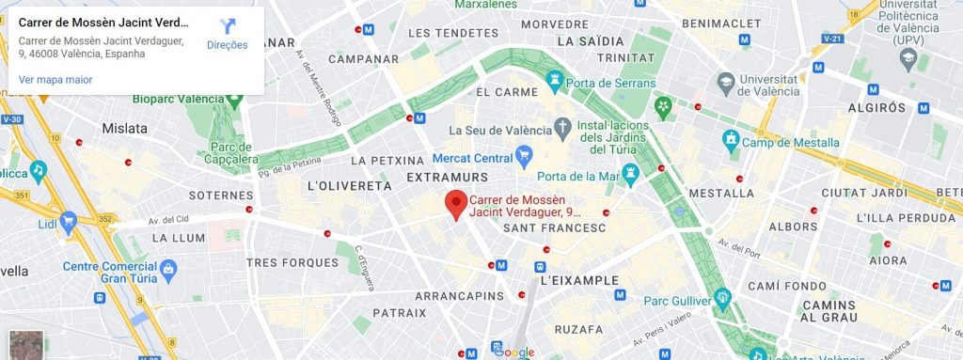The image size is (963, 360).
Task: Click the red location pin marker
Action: point(456,203)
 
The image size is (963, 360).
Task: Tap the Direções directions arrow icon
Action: point(227,26)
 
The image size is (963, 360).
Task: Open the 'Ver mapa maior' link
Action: point(55,80)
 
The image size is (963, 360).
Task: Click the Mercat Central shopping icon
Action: point(525,156)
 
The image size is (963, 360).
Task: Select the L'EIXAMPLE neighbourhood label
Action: point(579,280)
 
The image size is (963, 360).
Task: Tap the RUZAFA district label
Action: point(578,330)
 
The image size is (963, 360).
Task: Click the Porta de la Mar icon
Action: point(631,175)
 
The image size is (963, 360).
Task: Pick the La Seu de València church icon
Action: point(562,126)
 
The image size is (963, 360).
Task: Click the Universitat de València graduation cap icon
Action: point(725,85)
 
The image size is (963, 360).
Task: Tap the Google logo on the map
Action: point(513,352)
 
